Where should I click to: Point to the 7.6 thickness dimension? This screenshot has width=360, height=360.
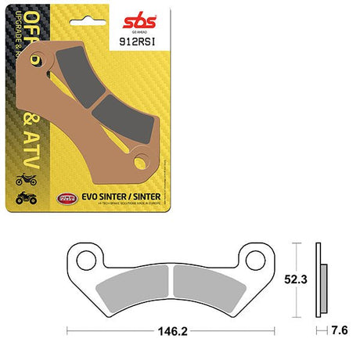(338, 331)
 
